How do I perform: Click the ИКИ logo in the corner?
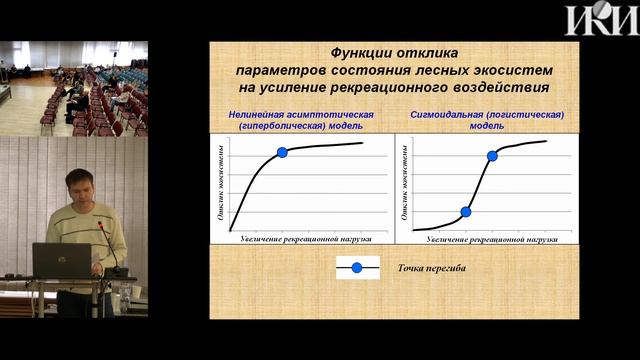[x=600, y=19]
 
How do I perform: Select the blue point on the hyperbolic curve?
[x=282, y=152]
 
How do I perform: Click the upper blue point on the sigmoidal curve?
[x=492, y=156]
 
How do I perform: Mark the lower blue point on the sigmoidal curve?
[x=465, y=211]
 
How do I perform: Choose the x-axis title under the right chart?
[x=483, y=241]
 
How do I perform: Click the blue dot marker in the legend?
[x=357, y=267]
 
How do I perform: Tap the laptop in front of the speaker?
[x=61, y=260]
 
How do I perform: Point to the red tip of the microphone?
[x=101, y=225]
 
